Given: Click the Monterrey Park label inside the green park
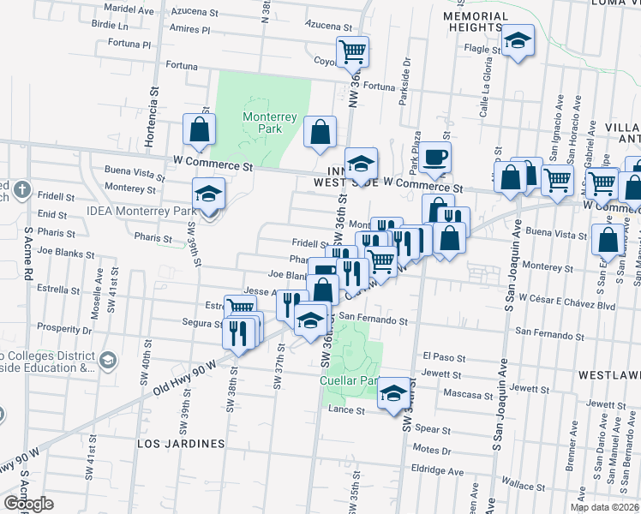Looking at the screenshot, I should [x=262, y=123].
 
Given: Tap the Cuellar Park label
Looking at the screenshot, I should [x=348, y=380].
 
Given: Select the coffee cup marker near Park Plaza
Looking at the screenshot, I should [x=435, y=157].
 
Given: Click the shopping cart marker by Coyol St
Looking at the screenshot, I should [x=352, y=51].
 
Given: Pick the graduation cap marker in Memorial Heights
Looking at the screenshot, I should [x=518, y=41].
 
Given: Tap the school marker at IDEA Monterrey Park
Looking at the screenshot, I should [x=207, y=194].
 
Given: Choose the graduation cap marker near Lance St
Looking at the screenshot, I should [x=393, y=392].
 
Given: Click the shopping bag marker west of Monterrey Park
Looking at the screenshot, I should [x=199, y=130].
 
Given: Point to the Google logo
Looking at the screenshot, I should [x=28, y=504].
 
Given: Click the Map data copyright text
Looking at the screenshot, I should [x=604, y=507].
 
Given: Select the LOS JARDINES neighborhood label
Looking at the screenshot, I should [x=181, y=444].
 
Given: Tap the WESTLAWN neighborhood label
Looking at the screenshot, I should [x=608, y=375].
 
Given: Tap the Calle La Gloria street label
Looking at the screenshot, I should [x=485, y=95].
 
